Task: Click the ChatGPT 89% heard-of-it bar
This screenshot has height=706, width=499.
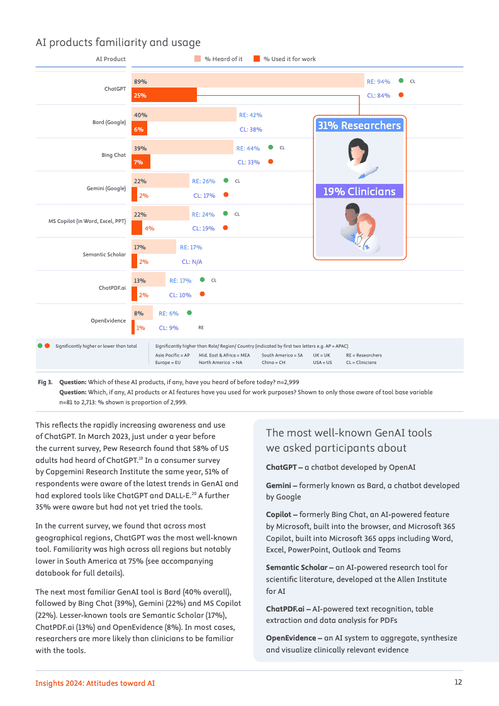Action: click(x=248, y=81)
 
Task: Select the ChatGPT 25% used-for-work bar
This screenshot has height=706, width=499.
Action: click(x=164, y=95)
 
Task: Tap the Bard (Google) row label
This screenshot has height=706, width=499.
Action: click(x=109, y=122)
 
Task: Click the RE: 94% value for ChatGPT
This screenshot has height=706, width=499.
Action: click(x=378, y=81)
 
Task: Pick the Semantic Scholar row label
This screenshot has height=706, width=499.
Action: click(x=104, y=254)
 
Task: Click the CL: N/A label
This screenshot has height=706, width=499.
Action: click(x=192, y=261)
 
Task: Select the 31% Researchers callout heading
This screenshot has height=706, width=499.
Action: click(x=359, y=125)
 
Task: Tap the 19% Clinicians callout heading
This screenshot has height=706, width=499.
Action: click(x=359, y=191)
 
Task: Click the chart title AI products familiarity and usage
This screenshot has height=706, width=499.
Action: click(x=118, y=43)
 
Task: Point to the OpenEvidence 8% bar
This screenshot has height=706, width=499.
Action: click(x=142, y=313)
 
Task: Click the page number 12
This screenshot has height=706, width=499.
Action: click(x=458, y=683)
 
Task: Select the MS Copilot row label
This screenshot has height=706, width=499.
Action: click(x=87, y=221)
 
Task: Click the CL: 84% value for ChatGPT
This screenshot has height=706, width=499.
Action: click(x=378, y=96)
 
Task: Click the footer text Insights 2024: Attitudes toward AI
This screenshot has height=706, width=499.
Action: click(x=95, y=683)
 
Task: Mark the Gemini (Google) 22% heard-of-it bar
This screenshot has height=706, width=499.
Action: click(x=160, y=181)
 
